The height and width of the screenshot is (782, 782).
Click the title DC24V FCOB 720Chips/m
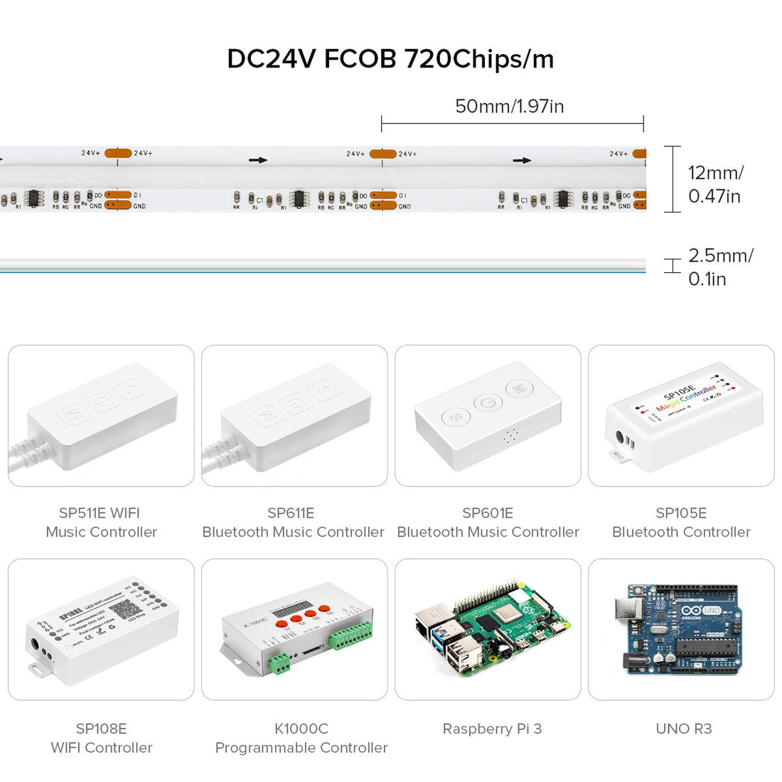click(x=390, y=59)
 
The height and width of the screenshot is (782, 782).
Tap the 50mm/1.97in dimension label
click(x=509, y=107)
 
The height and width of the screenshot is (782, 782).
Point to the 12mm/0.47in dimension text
click(x=715, y=184)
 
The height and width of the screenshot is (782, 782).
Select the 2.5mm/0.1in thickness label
click(x=719, y=267)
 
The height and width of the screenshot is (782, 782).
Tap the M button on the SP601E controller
click(x=518, y=389)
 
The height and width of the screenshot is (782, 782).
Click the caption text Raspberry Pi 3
click(x=492, y=729)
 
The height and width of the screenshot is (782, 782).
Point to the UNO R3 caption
click(x=683, y=729)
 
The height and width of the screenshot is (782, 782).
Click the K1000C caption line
click(x=301, y=729)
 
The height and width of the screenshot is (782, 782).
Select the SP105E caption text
click(x=681, y=513)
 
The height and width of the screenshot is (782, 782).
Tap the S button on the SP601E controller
click(x=456, y=417)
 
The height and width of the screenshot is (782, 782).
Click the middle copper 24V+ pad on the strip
click(x=382, y=154)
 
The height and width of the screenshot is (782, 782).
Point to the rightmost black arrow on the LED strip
click(x=522, y=161)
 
